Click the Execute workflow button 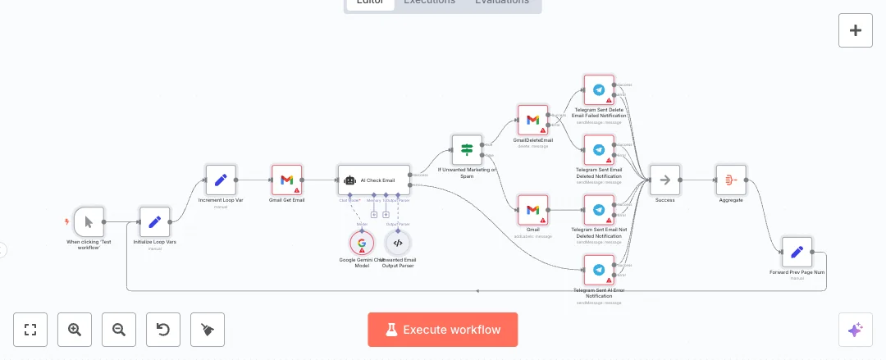(x=442, y=330)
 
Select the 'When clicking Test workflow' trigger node (x=89, y=221)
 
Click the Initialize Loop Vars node (x=154, y=221)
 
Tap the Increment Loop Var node (x=221, y=180)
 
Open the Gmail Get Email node (x=287, y=180)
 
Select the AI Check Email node (x=373, y=180)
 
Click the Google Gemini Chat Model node (x=361, y=243)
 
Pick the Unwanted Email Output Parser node (x=398, y=243)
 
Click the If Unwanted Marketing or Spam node (x=467, y=150)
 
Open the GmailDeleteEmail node (x=532, y=120)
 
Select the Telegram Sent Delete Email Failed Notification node (x=599, y=90)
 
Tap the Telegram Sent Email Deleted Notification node (x=599, y=150)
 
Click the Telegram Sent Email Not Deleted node (x=599, y=210)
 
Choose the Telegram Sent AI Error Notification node (x=599, y=270)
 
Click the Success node (x=665, y=180)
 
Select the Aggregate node (x=731, y=180)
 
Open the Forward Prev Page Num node (x=797, y=252)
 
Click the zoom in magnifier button (x=75, y=330)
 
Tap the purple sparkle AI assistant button (x=855, y=330)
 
